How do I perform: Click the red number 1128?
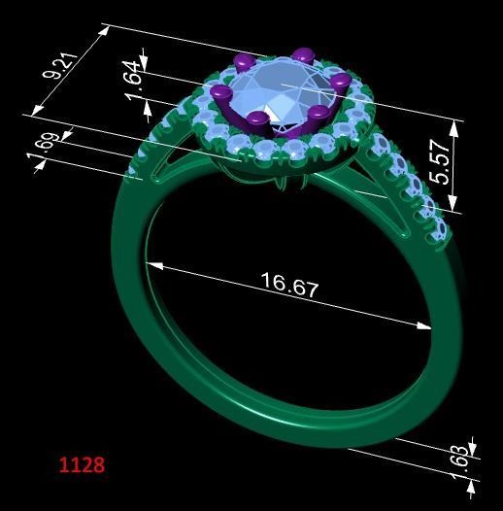(x=82, y=465)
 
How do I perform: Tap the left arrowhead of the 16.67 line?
(x=151, y=262)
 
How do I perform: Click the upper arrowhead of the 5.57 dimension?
(x=453, y=124)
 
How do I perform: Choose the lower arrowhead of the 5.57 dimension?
(x=453, y=208)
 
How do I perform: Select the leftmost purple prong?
(x=220, y=93)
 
